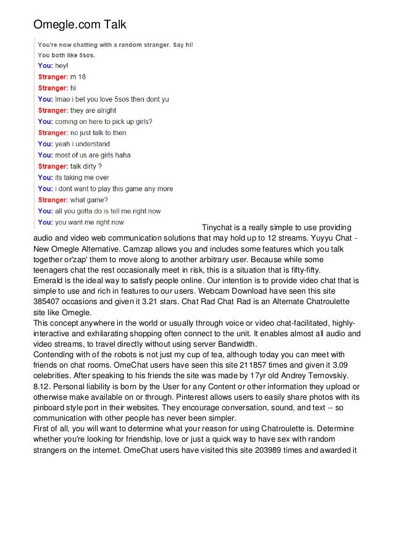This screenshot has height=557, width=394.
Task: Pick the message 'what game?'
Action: click(x=89, y=199)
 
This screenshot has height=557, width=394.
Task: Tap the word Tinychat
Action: click(x=219, y=227)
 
